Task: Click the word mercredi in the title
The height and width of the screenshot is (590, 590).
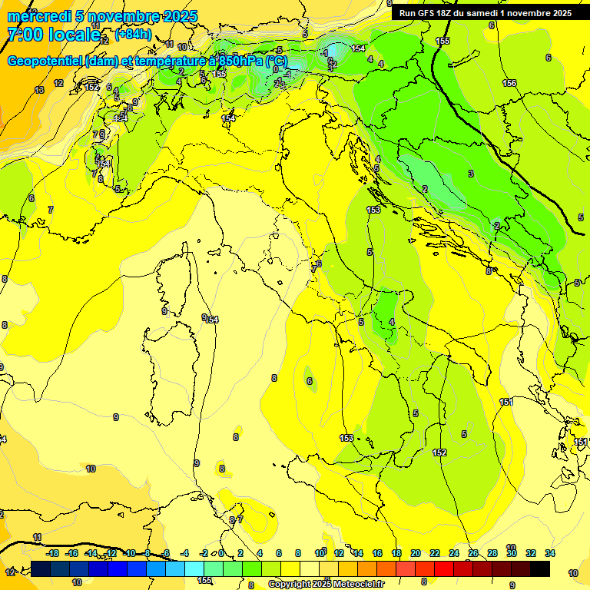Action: click(x=35, y=16)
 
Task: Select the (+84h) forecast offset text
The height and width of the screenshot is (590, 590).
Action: click(x=133, y=35)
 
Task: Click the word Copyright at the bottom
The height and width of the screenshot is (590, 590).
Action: click(x=290, y=585)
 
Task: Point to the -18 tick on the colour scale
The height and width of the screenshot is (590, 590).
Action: click(x=52, y=553)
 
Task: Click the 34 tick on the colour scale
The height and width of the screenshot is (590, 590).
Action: click(x=550, y=553)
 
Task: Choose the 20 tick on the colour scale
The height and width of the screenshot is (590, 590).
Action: click(x=416, y=553)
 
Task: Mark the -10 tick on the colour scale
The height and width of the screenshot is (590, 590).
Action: click(x=129, y=553)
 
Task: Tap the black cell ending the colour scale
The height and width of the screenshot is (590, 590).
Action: click(x=540, y=568)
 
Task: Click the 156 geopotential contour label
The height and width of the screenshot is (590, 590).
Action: click(x=509, y=83)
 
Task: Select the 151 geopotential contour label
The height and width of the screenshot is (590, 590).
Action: click(x=505, y=402)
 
